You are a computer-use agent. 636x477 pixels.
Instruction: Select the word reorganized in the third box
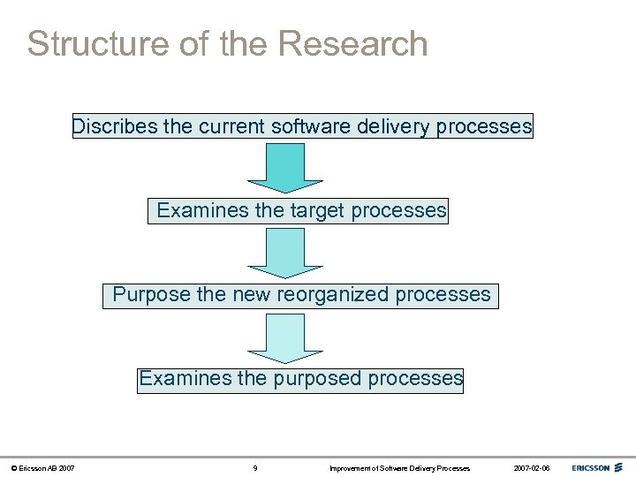334,294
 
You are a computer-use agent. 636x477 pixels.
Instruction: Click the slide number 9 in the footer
255,467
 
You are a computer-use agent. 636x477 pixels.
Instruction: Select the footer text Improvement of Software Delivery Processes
399,467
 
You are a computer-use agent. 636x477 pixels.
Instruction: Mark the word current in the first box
231,127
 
